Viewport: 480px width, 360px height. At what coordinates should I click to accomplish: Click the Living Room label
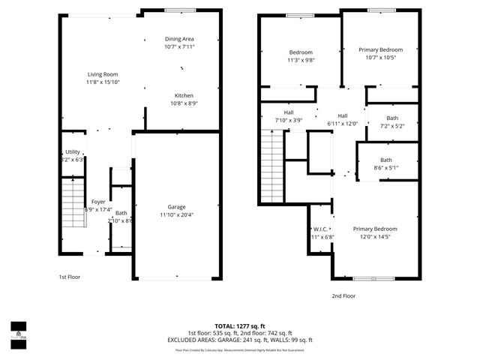click(103, 73)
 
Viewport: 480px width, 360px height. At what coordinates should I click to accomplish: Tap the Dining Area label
click(179, 39)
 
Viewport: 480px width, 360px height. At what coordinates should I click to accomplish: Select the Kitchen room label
click(184, 96)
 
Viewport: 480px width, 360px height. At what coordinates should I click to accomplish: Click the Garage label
click(176, 207)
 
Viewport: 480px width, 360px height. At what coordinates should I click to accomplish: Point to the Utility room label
click(73, 152)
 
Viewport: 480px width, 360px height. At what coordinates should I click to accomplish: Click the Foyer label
click(98, 202)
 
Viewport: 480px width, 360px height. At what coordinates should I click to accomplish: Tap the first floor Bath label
click(121, 213)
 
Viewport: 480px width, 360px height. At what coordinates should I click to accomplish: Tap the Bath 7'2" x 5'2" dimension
click(392, 126)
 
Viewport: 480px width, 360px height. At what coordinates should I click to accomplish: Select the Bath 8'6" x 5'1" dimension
click(385, 168)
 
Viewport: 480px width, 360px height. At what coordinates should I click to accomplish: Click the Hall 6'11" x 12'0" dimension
click(343, 124)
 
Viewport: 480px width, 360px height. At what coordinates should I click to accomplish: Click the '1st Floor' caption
click(70, 277)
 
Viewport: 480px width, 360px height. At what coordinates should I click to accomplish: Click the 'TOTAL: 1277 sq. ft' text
click(240, 325)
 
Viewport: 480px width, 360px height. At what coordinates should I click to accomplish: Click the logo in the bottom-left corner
click(17, 331)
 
